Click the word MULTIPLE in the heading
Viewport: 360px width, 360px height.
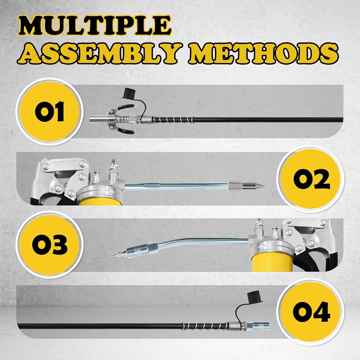click(x=95, y=26)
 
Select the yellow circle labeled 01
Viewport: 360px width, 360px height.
click(x=50, y=112)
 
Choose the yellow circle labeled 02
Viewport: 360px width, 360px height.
click(x=311, y=179)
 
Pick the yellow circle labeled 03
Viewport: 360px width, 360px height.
click(x=50, y=244)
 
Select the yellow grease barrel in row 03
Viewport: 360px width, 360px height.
click(x=272, y=263)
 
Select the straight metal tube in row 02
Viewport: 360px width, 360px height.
click(x=177, y=185)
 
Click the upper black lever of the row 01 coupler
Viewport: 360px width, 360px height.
click(x=125, y=107)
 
